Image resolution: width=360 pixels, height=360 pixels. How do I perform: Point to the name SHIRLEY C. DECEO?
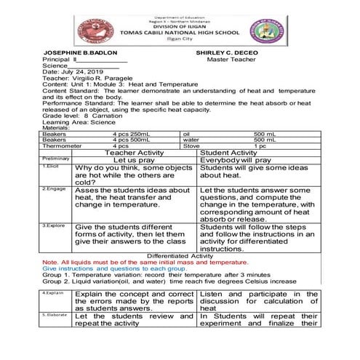228,53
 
